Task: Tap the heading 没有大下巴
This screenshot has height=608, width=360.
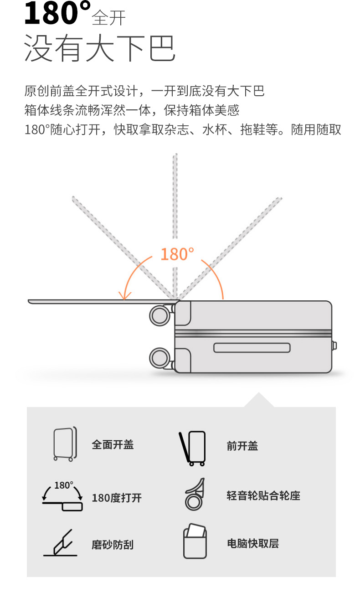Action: tap(99, 48)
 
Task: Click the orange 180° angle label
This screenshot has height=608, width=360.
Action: tap(177, 254)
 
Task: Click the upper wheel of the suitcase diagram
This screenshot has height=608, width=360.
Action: tap(160, 315)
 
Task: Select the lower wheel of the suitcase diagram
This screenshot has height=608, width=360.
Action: tap(160, 358)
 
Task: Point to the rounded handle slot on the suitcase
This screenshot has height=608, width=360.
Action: tap(252, 348)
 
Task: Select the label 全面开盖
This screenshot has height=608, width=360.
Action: tap(113, 444)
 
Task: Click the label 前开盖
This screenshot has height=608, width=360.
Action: tap(242, 446)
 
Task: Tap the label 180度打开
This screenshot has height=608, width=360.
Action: tap(117, 498)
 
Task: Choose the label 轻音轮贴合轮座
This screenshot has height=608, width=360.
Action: tap(263, 495)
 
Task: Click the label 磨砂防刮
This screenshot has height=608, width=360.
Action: tap(113, 545)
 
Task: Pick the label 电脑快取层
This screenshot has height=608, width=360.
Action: tap(253, 543)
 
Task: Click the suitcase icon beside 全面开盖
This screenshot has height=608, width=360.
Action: tap(64, 444)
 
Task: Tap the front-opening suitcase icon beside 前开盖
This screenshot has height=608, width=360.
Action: tap(193, 448)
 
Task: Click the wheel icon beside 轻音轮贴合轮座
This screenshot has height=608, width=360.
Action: tap(195, 495)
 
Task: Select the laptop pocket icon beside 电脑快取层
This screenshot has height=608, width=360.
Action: tap(195, 541)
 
